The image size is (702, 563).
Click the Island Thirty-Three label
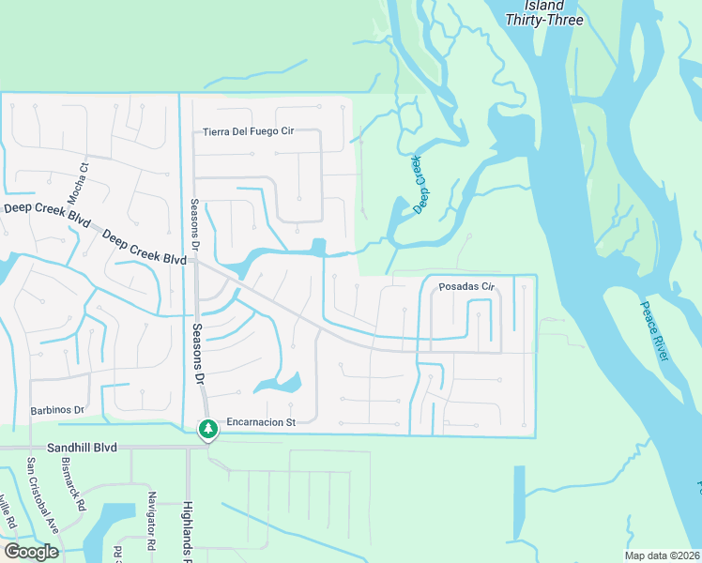tap(544, 13)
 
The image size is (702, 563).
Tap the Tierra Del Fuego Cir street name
tap(249, 131)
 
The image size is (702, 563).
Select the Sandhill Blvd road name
tap(85, 448)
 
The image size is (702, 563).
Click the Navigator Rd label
tap(150, 520)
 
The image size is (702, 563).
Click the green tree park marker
tap(207, 430)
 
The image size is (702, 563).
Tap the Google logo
tap(31, 552)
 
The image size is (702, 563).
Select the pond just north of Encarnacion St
tap(282, 383)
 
